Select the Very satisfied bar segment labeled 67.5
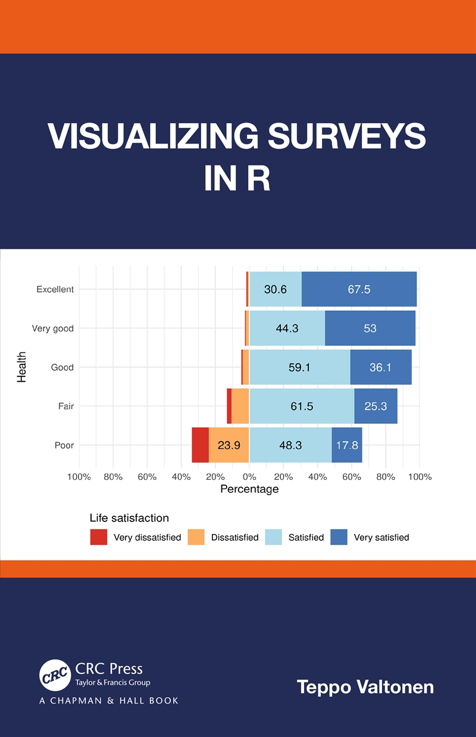click(x=359, y=289)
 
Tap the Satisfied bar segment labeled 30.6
click(x=275, y=289)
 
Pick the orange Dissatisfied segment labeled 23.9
click(x=228, y=445)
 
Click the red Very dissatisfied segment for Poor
click(x=200, y=445)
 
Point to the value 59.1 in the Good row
click(x=299, y=367)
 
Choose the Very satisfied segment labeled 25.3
click(x=375, y=406)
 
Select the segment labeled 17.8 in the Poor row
click(x=347, y=445)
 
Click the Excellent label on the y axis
click(x=55, y=289)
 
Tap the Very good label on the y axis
click(x=53, y=329)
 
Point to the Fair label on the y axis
click(x=65, y=406)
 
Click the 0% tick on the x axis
click(x=249, y=476)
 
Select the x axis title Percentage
click(x=249, y=489)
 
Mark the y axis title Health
click(x=22, y=367)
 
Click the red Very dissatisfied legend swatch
click(x=99, y=537)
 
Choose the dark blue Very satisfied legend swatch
click(x=339, y=537)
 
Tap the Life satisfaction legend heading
click(x=129, y=518)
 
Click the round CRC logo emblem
click(x=55, y=675)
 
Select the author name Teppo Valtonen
click(x=365, y=687)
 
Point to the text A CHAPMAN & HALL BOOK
click(x=109, y=701)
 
